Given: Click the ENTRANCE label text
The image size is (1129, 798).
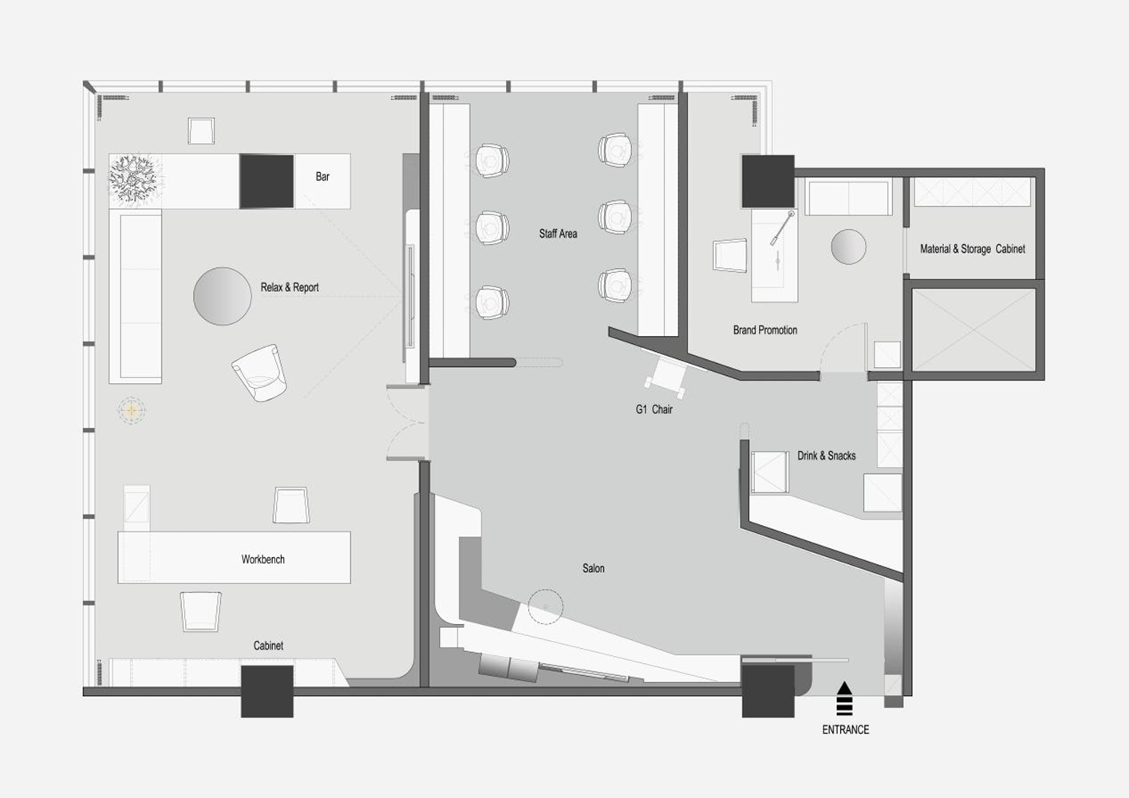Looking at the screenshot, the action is (845, 729).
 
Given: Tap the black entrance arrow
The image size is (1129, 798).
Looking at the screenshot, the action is (844, 698).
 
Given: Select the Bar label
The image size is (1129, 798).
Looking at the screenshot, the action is (322, 176).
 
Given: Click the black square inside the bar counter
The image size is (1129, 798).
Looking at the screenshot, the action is (266, 181).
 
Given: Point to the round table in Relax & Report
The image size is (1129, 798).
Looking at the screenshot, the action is (223, 296).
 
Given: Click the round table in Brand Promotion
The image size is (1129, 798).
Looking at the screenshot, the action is (849, 247).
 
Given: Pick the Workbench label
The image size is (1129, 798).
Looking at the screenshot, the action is (263, 559).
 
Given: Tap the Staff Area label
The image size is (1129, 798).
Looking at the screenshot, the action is (558, 233).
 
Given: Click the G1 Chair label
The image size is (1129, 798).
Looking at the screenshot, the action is (653, 409).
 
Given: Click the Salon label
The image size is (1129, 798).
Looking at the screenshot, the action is (594, 568).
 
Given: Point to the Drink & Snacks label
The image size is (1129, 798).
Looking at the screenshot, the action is (826, 456).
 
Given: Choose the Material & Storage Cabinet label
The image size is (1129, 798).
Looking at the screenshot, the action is (973, 248).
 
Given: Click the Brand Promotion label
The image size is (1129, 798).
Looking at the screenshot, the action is (764, 330).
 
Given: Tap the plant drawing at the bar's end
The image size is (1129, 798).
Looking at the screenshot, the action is (135, 180).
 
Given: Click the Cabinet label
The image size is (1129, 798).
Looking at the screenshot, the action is (268, 646).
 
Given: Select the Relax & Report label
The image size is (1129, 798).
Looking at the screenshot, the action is (290, 287).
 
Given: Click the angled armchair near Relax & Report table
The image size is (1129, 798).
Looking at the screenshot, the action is (259, 373).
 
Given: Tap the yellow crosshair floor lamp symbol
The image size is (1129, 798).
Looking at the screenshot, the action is (131, 411).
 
